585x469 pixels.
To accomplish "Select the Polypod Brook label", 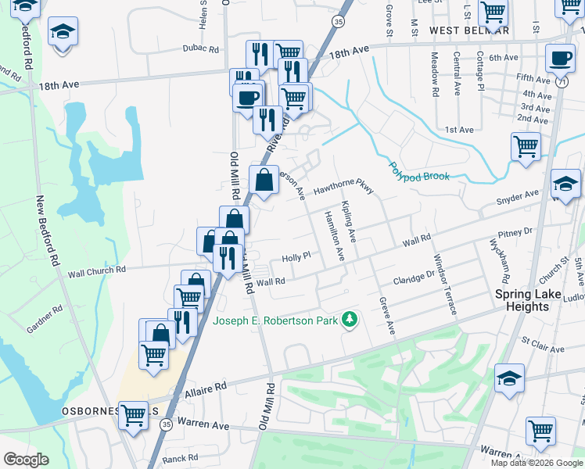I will pos(420,170).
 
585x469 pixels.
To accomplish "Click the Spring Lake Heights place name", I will pos(533,300).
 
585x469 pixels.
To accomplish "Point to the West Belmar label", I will pos(469,30).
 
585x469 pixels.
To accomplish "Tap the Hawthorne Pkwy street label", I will pos(344,189).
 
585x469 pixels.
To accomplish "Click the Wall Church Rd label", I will pos(97,270).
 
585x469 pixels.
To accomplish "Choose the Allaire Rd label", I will pos(205,386).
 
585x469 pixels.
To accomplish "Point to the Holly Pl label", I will pos(296,256).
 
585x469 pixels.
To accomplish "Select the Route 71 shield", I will pos(562,80).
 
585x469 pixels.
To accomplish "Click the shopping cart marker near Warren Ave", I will pos(540,430).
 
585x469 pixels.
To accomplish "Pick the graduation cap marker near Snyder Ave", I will pos(565,184).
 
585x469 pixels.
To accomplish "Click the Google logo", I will pos(25,459).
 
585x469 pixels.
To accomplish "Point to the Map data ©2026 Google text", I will pos(537,463).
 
